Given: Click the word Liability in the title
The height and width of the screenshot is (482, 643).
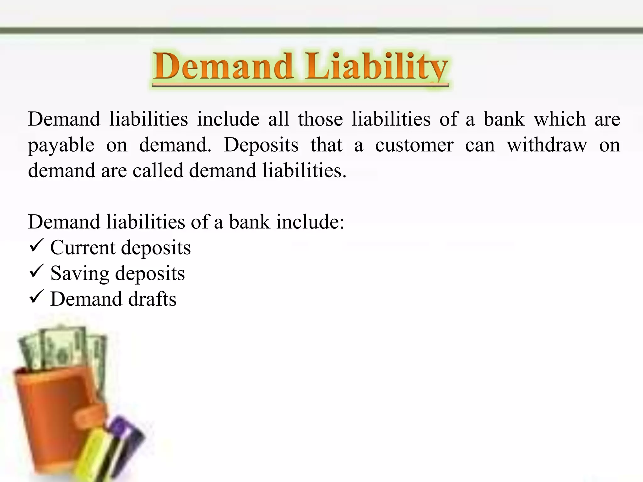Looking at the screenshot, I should click(377, 67).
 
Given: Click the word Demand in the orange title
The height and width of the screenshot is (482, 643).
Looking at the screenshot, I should click(223, 67).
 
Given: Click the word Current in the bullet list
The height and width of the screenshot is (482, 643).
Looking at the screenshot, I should click(83, 248).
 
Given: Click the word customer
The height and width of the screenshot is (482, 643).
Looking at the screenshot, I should click(414, 145).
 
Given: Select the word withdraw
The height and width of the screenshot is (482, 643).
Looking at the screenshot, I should click(547, 145).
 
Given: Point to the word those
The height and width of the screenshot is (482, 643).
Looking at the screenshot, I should click(320, 119).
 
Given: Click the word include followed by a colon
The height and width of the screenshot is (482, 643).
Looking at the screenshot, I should click(310, 222).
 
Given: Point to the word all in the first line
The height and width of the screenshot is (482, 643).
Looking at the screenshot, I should click(278, 119).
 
